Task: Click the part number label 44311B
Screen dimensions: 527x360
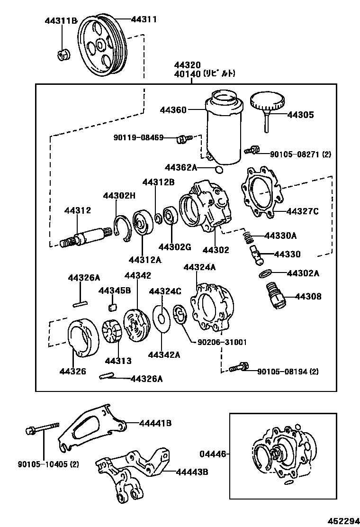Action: [x=61, y=20]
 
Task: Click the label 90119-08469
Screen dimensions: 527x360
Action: [x=138, y=138]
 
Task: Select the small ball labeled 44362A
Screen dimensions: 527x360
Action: [x=218, y=169]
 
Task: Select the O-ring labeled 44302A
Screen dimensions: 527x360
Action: [x=266, y=274]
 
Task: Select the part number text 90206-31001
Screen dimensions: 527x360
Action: [x=219, y=342]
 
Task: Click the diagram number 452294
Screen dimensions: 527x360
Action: [x=342, y=520]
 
